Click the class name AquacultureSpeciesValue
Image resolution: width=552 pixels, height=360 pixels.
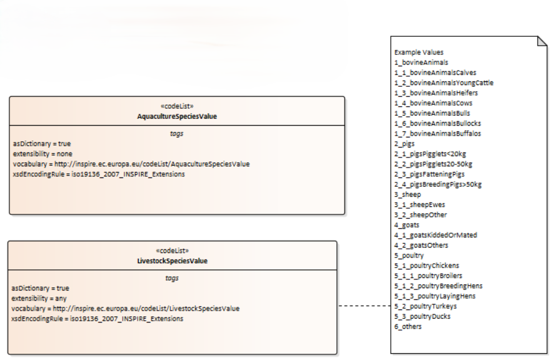pyautogui.click(x=177, y=116)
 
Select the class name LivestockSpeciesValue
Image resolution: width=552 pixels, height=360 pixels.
pyautogui.click(x=173, y=261)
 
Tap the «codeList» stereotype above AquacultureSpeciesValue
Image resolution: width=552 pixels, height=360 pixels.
pyautogui.click(x=177, y=107)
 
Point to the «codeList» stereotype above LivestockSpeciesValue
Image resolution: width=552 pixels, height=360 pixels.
pyautogui.click(x=173, y=251)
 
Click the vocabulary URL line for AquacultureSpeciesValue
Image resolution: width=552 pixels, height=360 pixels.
pyautogui.click(x=131, y=164)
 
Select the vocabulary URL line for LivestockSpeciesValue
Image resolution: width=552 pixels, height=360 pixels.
pyautogui.click(x=126, y=309)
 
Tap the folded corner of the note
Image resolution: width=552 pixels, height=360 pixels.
pyautogui.click(x=542, y=41)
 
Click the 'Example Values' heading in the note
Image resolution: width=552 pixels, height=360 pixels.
pyautogui.click(x=419, y=52)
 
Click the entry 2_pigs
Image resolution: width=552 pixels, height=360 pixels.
pyautogui.click(x=404, y=144)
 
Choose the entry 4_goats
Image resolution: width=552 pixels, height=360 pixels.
pyautogui.click(x=407, y=225)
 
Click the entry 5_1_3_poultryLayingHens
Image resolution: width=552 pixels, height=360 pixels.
pyautogui.click(x=435, y=296)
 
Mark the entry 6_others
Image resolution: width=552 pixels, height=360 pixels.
pyautogui.click(x=408, y=327)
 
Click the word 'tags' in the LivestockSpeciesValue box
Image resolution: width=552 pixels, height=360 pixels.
pyautogui.click(x=173, y=278)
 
